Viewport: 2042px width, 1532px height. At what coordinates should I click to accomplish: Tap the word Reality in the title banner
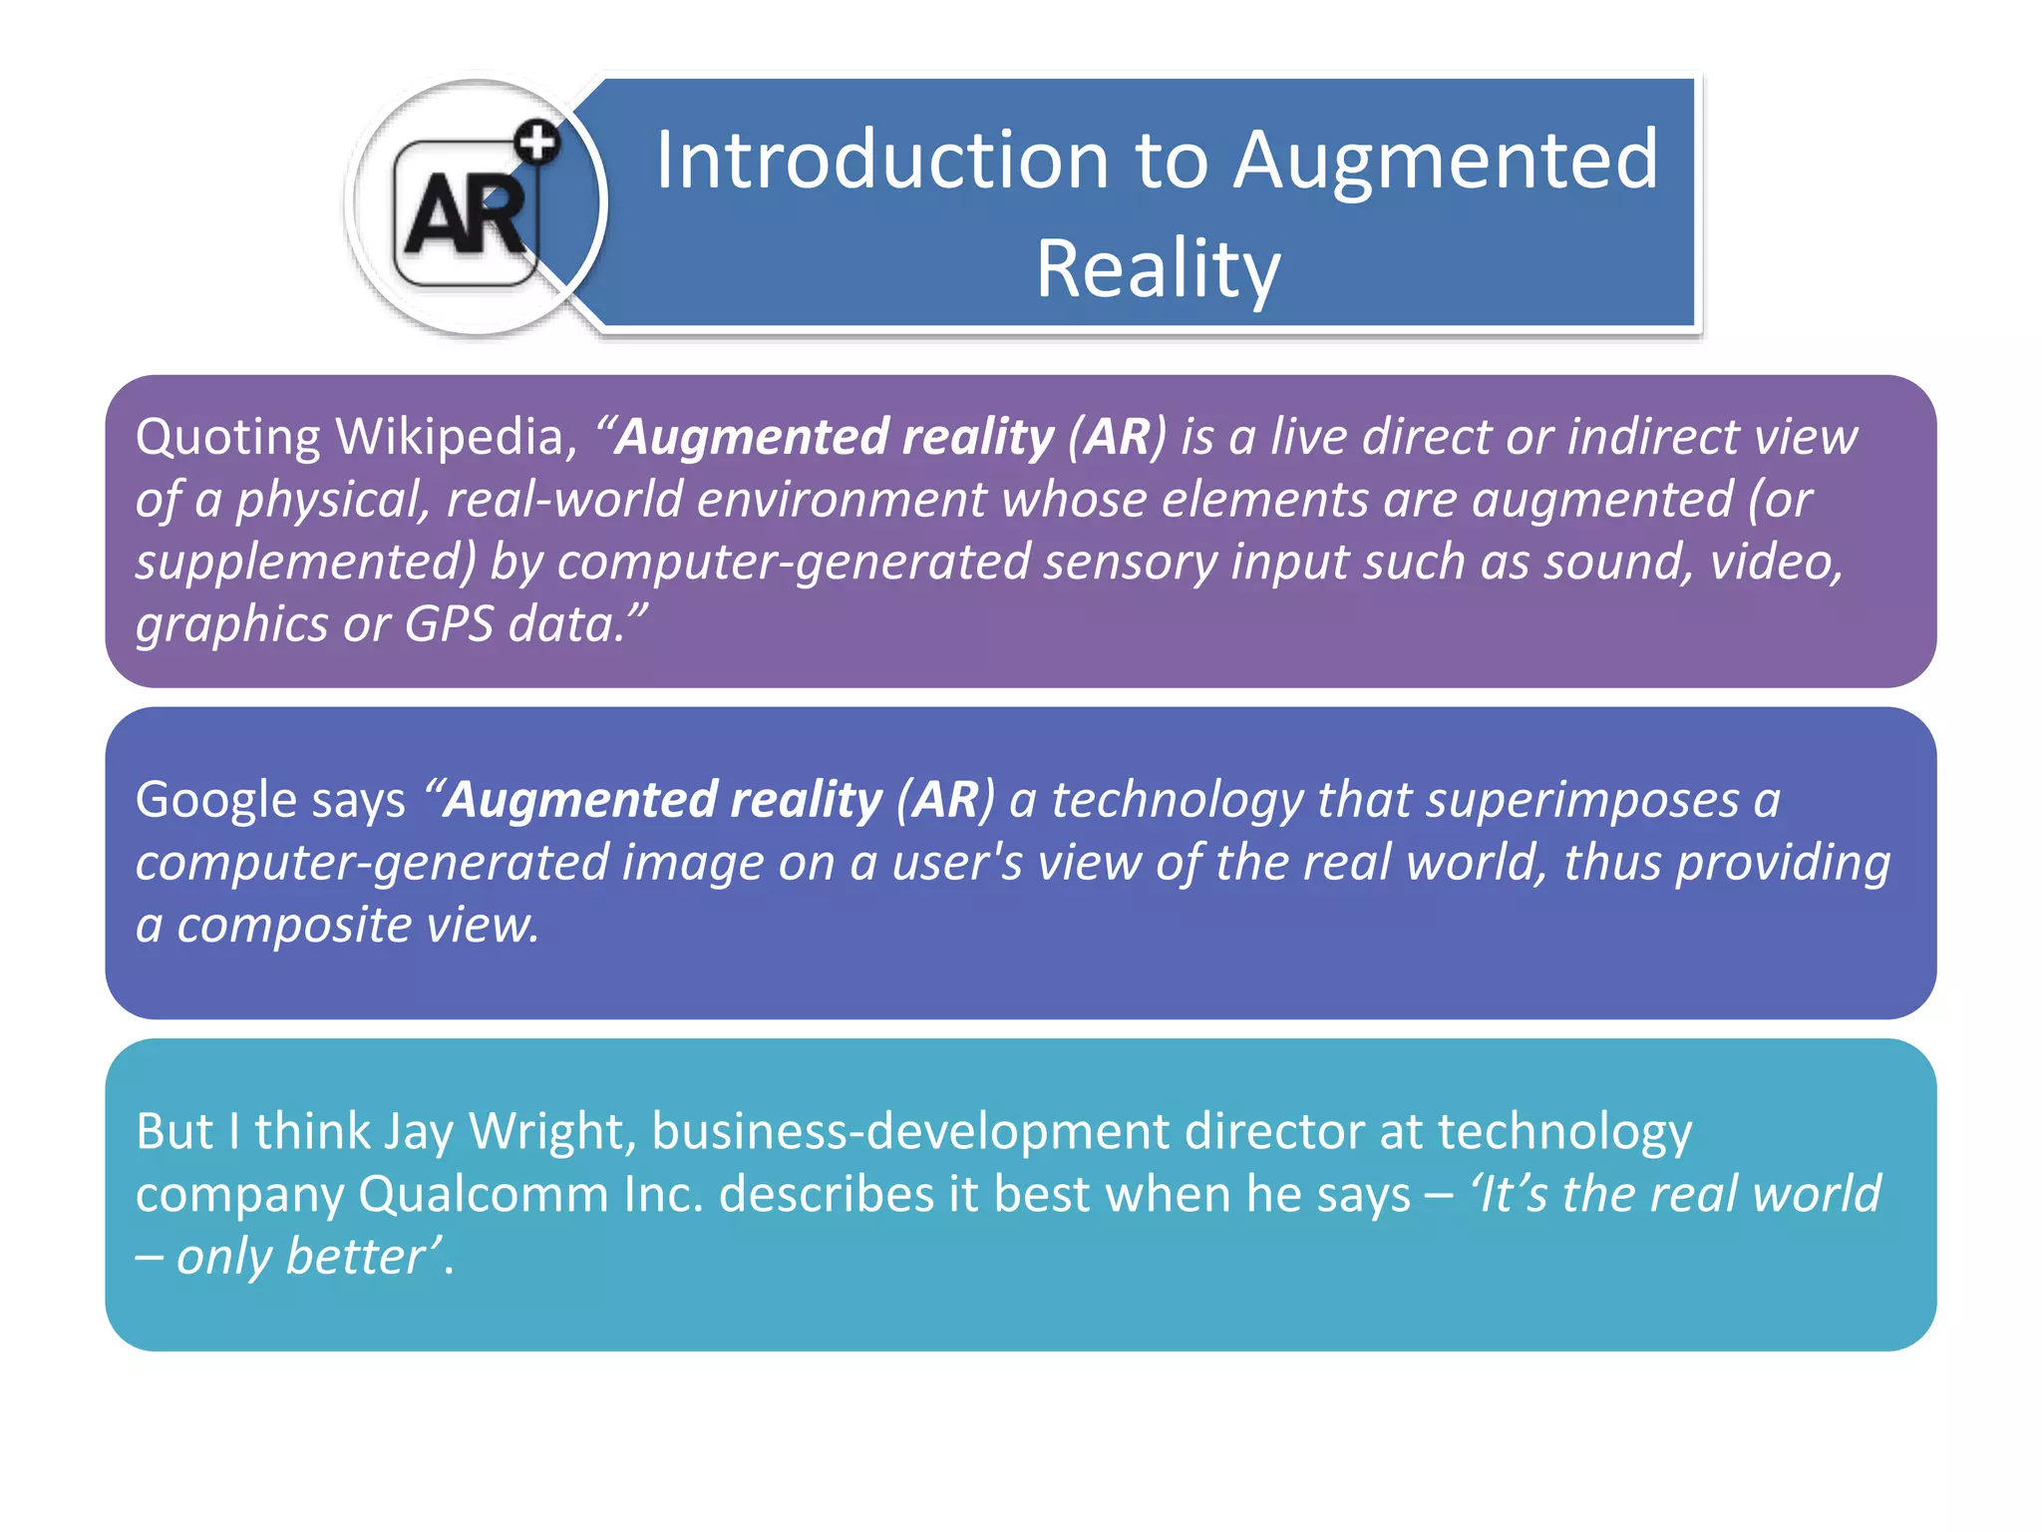(1158, 268)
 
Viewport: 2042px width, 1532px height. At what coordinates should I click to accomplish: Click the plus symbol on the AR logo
(538, 142)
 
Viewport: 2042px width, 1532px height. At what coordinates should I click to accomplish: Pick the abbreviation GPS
(449, 624)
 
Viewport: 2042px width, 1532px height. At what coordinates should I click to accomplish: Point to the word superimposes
(1583, 800)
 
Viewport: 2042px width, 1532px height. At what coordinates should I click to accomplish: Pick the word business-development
(910, 1132)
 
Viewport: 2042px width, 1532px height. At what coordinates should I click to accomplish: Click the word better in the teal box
(356, 1256)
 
